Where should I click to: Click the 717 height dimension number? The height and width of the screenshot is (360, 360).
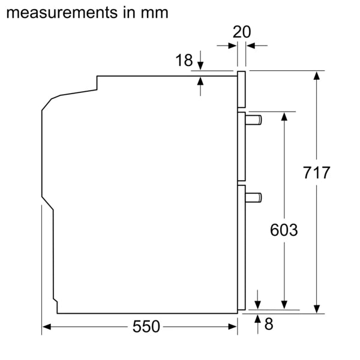click(316, 173)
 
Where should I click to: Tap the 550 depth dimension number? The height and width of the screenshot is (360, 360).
click(146, 326)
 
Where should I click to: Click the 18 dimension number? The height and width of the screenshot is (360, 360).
click(184, 60)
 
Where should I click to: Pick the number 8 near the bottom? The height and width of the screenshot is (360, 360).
click(268, 325)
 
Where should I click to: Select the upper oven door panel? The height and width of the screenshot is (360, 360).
click(241, 146)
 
